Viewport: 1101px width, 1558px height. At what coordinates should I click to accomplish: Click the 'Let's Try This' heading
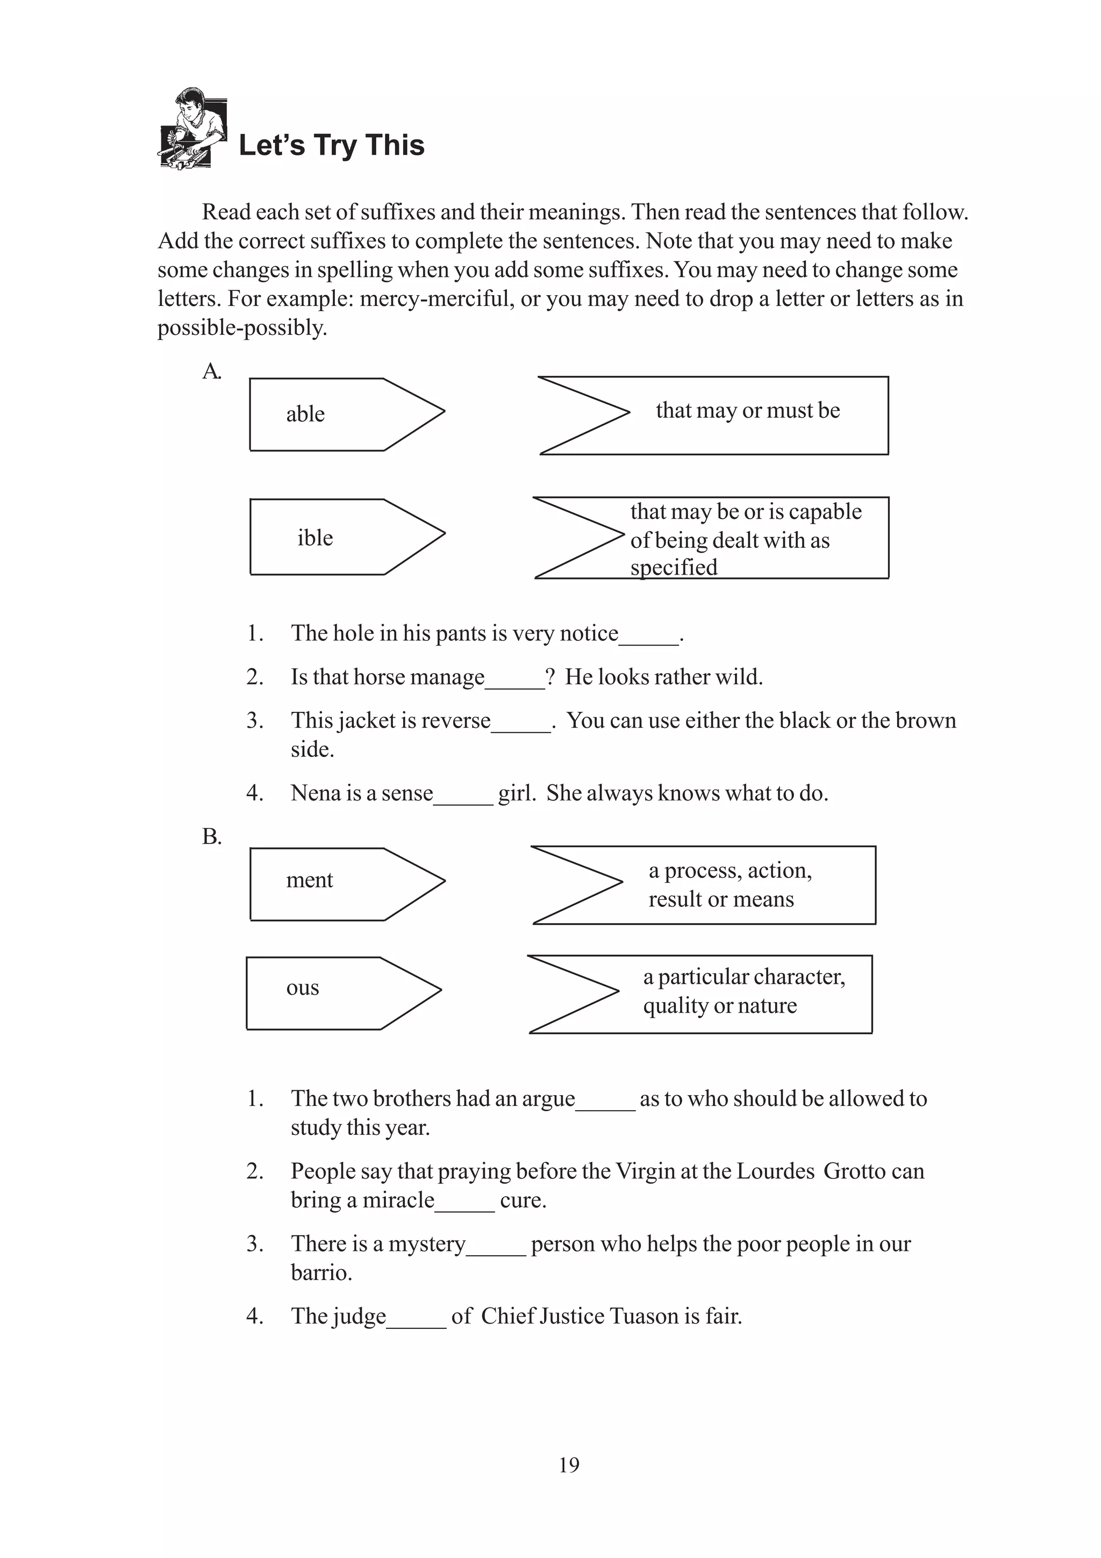pyautogui.click(x=331, y=146)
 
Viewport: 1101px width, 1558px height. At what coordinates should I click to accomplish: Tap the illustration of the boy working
pyautogui.click(x=192, y=128)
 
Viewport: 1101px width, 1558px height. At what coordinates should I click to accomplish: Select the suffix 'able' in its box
pyautogui.click(x=305, y=414)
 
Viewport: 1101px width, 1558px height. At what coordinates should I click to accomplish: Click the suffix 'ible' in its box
pyautogui.click(x=315, y=538)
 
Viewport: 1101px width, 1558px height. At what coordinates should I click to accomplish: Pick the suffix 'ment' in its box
pyautogui.click(x=309, y=880)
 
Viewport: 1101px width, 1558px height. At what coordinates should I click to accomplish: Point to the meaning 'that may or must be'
pyautogui.click(x=748, y=411)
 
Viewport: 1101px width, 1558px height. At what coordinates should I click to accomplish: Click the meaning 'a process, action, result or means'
pyautogui.click(x=730, y=885)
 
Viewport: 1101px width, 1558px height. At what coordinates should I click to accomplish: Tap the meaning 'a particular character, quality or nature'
pyautogui.click(x=743, y=991)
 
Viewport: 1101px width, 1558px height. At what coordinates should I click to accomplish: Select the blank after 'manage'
pyautogui.click(x=515, y=683)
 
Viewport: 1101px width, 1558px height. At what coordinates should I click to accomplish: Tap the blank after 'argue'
pyautogui.click(x=605, y=1104)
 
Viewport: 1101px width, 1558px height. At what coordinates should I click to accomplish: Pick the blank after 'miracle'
pyautogui.click(x=464, y=1205)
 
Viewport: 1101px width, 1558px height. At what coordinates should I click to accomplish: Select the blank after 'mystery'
pyautogui.click(x=496, y=1249)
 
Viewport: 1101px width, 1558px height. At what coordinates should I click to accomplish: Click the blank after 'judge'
pyautogui.click(x=417, y=1322)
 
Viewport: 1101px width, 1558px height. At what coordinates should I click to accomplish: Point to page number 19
pyautogui.click(x=569, y=1465)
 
